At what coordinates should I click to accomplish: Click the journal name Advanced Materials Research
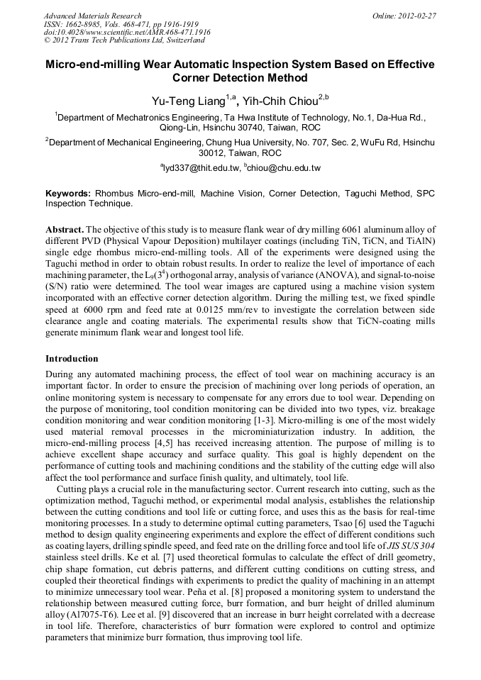[92, 15]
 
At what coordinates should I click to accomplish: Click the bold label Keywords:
[68, 193]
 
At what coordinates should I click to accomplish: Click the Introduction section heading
[72, 359]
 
